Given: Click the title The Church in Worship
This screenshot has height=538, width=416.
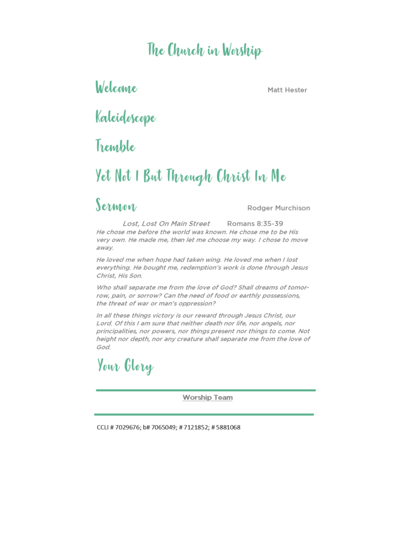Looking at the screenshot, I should [x=205, y=50].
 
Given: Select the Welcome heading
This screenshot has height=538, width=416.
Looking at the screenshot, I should [x=116, y=88].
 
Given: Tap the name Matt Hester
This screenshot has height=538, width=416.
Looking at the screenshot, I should [x=287, y=90].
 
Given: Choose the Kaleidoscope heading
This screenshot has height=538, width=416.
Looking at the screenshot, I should [x=125, y=118].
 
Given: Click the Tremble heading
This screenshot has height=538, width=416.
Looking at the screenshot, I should [x=115, y=147].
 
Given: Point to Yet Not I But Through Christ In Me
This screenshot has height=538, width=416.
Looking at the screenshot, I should [x=190, y=177].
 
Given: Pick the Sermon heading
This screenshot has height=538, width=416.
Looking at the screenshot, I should [x=116, y=205].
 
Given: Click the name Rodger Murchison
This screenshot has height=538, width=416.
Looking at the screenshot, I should [x=279, y=208].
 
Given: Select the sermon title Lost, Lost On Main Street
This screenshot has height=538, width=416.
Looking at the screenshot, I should [x=166, y=224].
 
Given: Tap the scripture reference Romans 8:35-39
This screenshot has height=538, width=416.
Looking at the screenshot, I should [x=255, y=224].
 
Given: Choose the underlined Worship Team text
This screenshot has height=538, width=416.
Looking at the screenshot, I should [x=207, y=398].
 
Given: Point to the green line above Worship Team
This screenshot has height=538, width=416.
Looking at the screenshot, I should [x=206, y=390].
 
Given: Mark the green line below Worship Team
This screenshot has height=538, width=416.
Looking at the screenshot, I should [x=204, y=415].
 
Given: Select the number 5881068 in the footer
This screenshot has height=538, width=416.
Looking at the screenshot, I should [x=228, y=428].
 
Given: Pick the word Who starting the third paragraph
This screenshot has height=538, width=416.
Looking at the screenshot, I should [x=103, y=287].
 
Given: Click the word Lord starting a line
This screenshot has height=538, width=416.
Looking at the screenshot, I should [x=104, y=324].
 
